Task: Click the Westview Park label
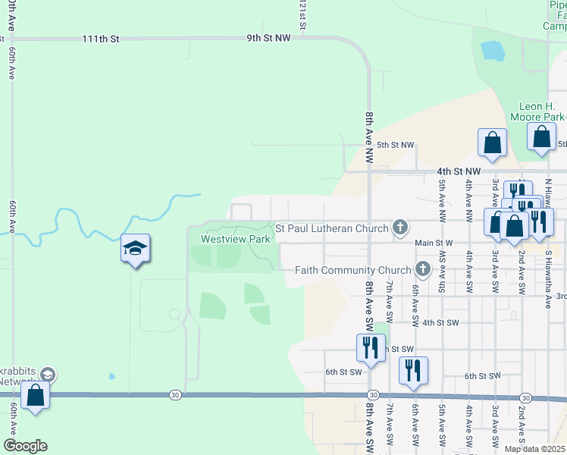(x=235, y=239)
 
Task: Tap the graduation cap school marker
(x=136, y=249)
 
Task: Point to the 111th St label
(x=102, y=38)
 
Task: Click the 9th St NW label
(x=268, y=37)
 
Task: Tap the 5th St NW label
(x=396, y=145)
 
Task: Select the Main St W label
(x=434, y=243)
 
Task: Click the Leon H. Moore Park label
(x=541, y=111)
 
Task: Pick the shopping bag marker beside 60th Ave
(x=35, y=396)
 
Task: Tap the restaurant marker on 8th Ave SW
(x=371, y=347)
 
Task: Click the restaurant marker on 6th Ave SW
(x=413, y=370)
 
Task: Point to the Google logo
(x=25, y=446)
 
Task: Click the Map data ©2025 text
(x=534, y=449)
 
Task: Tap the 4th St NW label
(x=459, y=171)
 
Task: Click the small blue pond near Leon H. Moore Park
(x=493, y=51)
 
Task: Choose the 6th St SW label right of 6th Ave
(x=481, y=376)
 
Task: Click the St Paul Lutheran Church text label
(x=331, y=227)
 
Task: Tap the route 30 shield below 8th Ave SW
(x=373, y=395)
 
